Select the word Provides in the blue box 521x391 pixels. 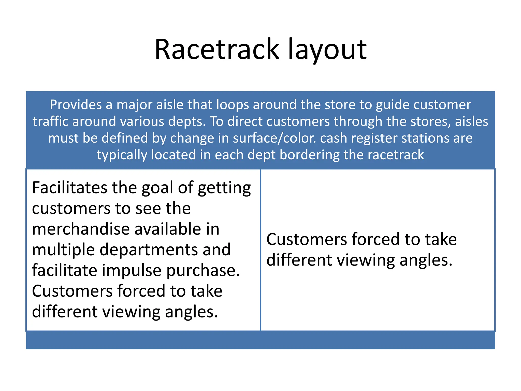coord(76,105)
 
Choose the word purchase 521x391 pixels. coord(203,270)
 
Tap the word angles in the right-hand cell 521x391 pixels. coord(426,260)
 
